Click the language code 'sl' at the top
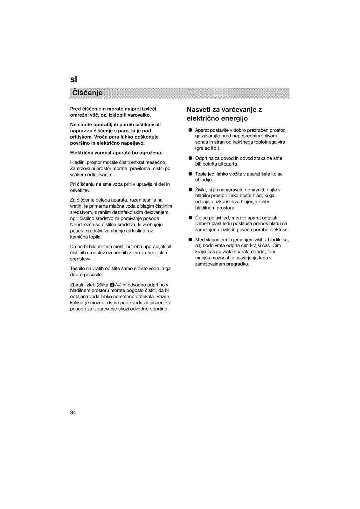(x=73, y=79)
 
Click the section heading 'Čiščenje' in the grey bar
(x=87, y=93)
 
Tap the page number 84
(x=73, y=413)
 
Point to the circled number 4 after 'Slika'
(x=112, y=285)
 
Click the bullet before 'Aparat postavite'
(x=190, y=130)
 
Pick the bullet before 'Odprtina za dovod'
(x=190, y=158)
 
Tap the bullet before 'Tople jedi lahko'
(x=190, y=174)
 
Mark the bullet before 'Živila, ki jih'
(x=190, y=190)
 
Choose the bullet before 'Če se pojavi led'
(x=190, y=218)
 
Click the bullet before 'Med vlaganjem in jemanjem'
(x=190, y=240)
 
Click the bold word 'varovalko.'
(x=137, y=115)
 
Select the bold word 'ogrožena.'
(x=151, y=153)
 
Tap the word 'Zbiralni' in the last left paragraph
(x=78, y=285)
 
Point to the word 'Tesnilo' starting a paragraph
(x=77, y=269)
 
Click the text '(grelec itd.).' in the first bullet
(x=208, y=148)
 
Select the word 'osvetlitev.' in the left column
(x=80, y=190)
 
